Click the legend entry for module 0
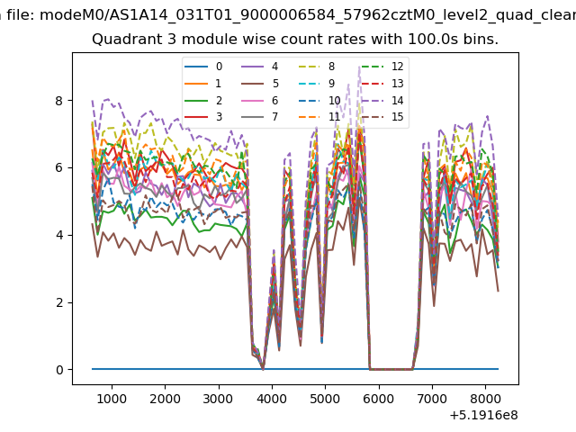[203, 67]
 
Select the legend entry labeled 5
[260, 84]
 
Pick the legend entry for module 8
[317, 67]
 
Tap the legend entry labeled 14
[382, 100]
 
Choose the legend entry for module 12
[382, 67]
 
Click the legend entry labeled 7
[260, 117]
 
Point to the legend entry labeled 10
[319, 100]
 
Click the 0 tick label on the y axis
[58, 370]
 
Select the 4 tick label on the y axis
[58, 235]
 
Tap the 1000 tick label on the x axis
[112, 399]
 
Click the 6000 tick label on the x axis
[378, 399]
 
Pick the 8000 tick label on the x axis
[485, 399]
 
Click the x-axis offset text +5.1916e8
[484, 415]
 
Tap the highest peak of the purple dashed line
[359, 67]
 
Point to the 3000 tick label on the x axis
[218, 399]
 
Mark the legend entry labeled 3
[203, 117]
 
